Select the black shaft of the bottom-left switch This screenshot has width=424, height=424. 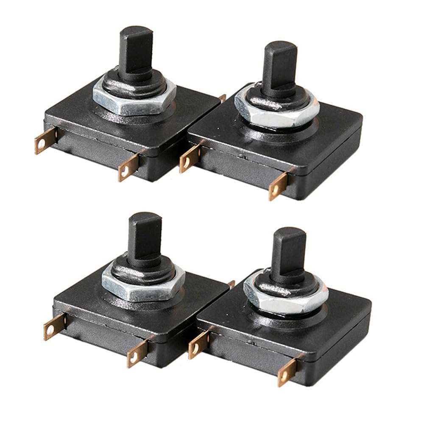point(144,237)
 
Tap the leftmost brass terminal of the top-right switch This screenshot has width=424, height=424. point(189,159)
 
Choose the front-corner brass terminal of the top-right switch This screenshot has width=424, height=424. point(278,187)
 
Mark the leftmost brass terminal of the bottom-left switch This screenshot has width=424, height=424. point(53,326)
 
